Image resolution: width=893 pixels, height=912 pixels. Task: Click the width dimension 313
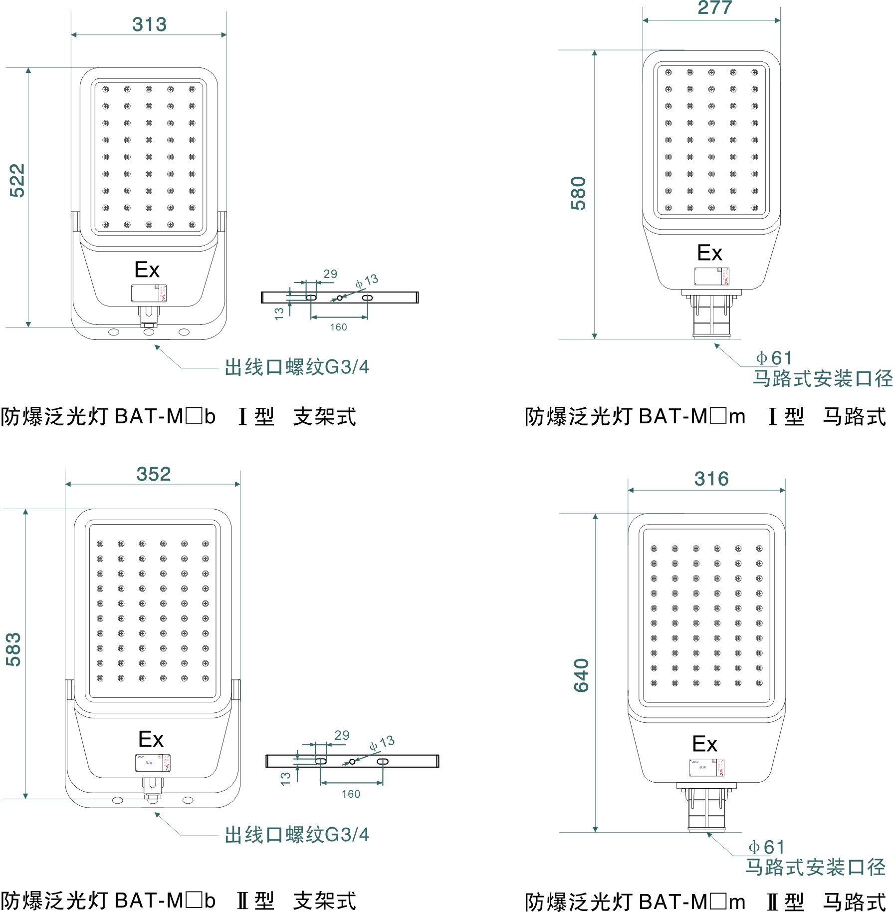pyautogui.click(x=149, y=24)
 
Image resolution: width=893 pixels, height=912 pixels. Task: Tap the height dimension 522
pyautogui.click(x=17, y=181)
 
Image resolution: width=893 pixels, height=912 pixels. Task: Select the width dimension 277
pyautogui.click(x=714, y=8)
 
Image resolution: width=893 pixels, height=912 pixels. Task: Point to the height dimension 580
pyautogui.click(x=579, y=193)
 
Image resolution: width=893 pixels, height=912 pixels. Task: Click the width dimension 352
pyautogui.click(x=154, y=474)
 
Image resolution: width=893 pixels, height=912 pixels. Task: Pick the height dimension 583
pyautogui.click(x=14, y=649)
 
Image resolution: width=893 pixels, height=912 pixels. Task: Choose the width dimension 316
pyautogui.click(x=711, y=479)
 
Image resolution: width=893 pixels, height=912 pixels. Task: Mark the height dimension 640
pyautogui.click(x=582, y=675)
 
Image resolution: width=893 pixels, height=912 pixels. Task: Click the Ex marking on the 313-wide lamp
pyautogui.click(x=147, y=270)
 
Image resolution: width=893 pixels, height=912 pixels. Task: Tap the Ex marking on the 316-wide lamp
pyautogui.click(x=704, y=744)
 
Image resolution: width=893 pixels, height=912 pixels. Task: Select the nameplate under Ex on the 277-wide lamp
pyautogui.click(x=711, y=277)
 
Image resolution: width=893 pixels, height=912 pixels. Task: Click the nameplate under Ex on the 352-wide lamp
pyautogui.click(x=153, y=762)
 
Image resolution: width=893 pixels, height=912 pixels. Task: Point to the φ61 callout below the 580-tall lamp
pyautogui.click(x=774, y=358)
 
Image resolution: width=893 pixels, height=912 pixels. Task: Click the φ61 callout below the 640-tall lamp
pyautogui.click(x=766, y=847)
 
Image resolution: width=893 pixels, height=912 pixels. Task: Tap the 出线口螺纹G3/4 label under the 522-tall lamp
pyautogui.click(x=297, y=367)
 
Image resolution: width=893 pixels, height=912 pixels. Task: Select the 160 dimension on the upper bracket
pyautogui.click(x=338, y=327)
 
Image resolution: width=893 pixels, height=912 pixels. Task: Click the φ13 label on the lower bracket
pyautogui.click(x=382, y=743)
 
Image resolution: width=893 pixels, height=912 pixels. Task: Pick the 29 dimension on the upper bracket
pyautogui.click(x=330, y=274)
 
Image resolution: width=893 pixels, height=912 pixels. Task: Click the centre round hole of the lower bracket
pyautogui.click(x=352, y=761)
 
